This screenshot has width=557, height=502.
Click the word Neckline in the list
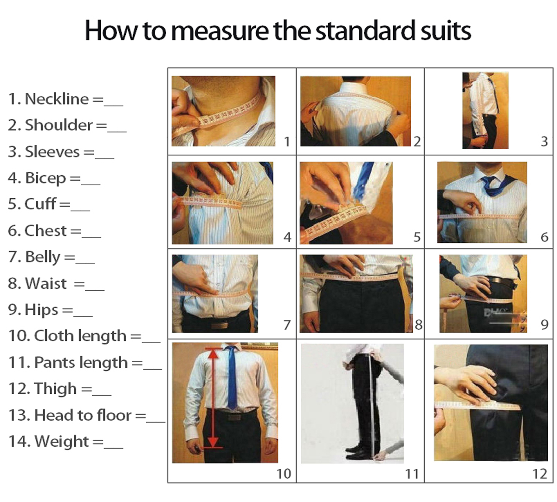pos(57,99)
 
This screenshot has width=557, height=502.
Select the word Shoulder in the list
pos(59,125)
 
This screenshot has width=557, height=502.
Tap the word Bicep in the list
pos(45,178)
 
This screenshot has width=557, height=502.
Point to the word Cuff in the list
pos(40,203)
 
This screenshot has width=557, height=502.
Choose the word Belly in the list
pos(43,257)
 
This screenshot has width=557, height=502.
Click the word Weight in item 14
pos(61,442)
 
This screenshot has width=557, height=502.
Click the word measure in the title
pos(220,31)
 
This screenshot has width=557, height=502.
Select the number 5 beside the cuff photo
pos(417,237)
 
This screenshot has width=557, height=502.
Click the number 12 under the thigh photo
pos(540,474)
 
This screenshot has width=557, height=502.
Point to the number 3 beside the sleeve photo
pos(544,141)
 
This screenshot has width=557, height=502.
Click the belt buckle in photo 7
pos(220,325)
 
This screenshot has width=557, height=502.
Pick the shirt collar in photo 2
pos(356,88)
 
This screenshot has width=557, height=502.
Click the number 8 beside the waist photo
pos(419,325)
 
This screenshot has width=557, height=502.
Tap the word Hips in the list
pos(42,310)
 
